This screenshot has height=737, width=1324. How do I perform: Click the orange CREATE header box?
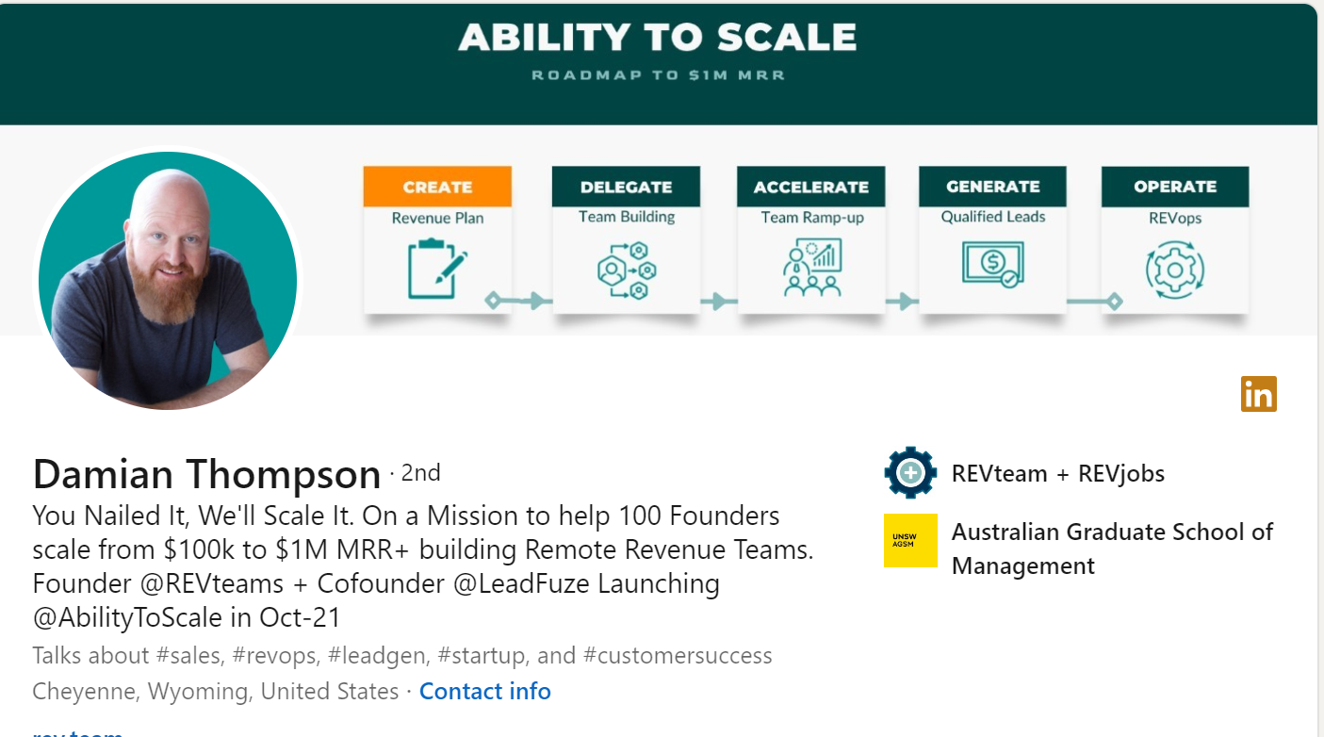click(437, 187)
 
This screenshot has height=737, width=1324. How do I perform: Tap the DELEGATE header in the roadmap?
click(626, 187)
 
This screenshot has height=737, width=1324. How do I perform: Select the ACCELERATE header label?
click(811, 187)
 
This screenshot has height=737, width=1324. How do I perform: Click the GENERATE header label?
click(993, 187)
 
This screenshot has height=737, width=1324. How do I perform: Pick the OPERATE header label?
click(1175, 187)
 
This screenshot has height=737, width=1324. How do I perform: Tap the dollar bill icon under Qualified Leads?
click(993, 264)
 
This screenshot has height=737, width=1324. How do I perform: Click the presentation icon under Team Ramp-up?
click(812, 267)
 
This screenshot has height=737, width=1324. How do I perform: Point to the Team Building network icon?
click(627, 270)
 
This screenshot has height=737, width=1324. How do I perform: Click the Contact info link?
click(484, 691)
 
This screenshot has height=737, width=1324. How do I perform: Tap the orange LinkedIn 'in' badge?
click(1258, 394)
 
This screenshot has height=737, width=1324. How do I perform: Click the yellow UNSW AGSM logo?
click(910, 540)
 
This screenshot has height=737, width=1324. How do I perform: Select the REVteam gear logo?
click(910, 473)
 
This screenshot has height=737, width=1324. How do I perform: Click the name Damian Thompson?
click(207, 474)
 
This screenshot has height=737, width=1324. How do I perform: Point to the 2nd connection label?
click(421, 473)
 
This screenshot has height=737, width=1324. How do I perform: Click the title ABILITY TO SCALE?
click(657, 38)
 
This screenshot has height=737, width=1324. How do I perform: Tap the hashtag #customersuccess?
click(678, 655)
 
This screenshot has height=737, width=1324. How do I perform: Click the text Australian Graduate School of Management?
click(1112, 549)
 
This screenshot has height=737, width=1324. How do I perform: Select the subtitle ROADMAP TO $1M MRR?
click(658, 75)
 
